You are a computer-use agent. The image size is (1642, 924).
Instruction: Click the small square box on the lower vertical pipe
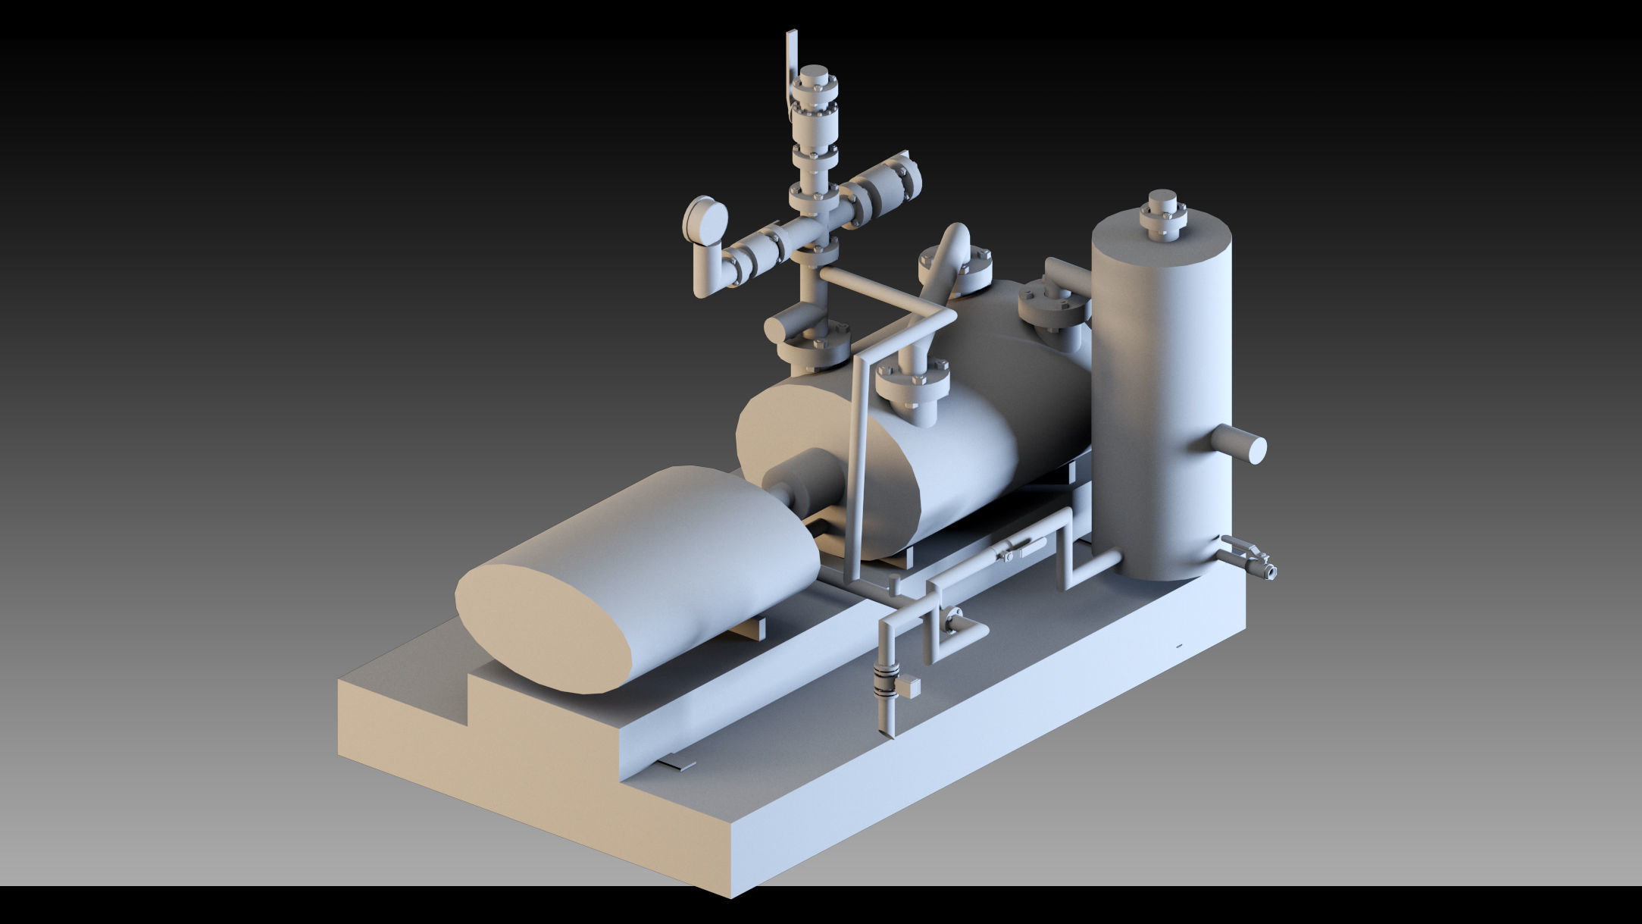point(909,687)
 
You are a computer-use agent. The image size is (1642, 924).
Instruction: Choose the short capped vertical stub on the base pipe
point(895,585)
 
